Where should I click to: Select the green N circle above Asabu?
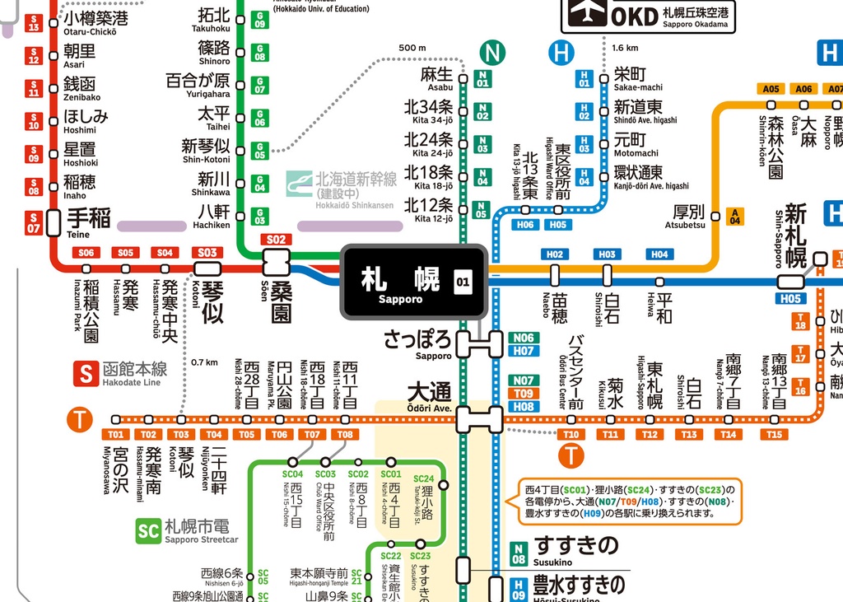point(492,54)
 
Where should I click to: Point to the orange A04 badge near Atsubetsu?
point(735,216)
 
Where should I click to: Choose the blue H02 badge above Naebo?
point(555,254)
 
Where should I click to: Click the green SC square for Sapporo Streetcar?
point(148,530)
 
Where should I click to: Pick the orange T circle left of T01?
point(79,420)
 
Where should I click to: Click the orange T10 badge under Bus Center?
point(571,434)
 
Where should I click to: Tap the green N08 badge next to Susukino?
point(519,554)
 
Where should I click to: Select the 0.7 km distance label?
point(204,362)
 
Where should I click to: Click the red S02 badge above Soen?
point(276,240)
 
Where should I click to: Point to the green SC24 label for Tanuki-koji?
point(423,478)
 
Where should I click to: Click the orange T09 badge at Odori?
point(524,394)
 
